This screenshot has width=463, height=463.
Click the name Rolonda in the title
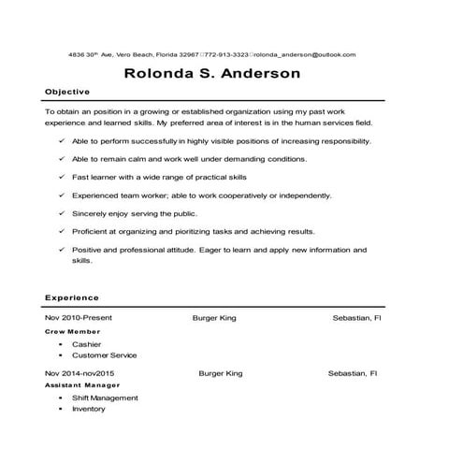(159, 72)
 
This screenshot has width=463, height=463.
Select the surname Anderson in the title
(258, 72)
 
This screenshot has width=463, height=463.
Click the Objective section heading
(67, 92)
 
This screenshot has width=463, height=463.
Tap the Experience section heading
(72, 297)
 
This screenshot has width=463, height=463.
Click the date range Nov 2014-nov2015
(82, 373)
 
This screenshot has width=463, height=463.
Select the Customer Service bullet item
(104, 355)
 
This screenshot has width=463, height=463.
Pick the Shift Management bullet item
(105, 398)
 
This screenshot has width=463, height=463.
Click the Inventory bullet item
(89, 409)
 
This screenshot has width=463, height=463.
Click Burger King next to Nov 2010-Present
(214, 318)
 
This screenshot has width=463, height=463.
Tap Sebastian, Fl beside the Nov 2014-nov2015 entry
(353, 373)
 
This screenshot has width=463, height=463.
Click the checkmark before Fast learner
(61, 177)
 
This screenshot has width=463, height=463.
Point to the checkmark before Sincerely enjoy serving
(61, 213)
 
